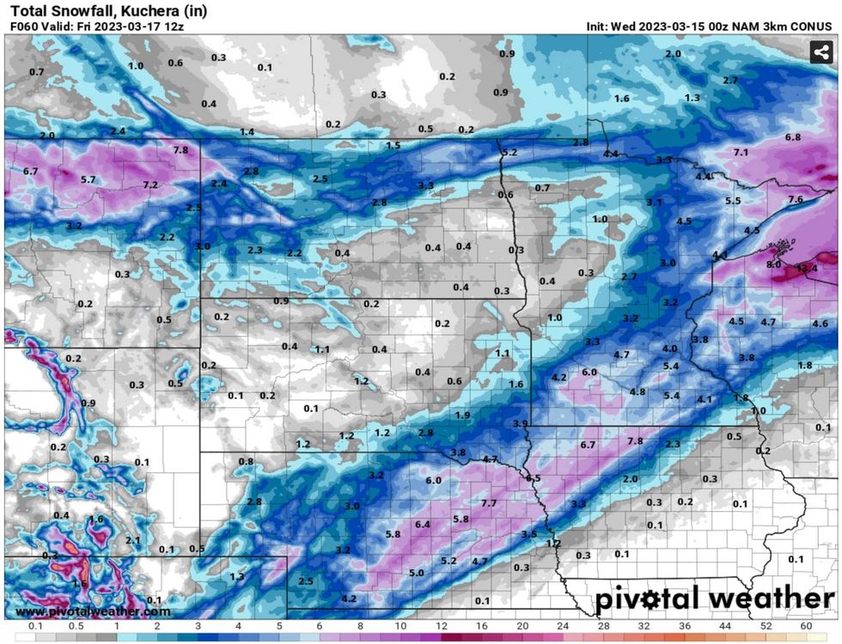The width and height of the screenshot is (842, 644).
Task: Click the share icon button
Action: (821, 52)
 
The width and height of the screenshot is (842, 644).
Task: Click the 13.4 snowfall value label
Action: (807, 268)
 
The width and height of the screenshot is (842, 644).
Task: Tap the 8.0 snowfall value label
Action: (773, 264)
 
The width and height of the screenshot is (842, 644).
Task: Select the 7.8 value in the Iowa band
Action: (635, 440)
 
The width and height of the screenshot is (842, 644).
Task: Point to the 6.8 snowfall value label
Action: (793, 137)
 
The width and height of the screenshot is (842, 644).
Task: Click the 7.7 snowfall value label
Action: (489, 502)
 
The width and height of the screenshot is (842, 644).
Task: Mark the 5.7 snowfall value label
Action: (88, 179)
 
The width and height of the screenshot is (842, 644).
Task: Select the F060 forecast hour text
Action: (26, 27)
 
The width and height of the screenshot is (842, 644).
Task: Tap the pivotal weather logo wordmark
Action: (715, 598)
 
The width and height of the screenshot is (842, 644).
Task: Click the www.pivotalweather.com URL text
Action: (93, 611)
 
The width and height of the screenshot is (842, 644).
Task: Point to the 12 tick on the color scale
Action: (441, 626)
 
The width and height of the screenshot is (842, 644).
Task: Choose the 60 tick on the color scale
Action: (805, 626)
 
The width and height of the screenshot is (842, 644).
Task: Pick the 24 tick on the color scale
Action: (562, 626)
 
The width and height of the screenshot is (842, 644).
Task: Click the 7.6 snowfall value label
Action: (796, 199)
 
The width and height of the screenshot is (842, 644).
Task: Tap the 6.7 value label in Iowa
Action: (588, 445)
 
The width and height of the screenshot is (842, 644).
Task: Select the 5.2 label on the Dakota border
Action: (509, 152)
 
